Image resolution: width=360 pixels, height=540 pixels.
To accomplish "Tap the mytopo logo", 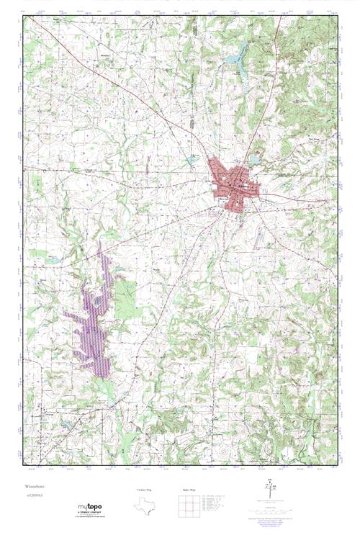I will click(x=89, y=507).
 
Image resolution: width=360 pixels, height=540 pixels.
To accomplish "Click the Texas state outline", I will click(x=145, y=505).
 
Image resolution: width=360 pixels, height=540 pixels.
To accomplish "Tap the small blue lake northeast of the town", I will click(x=255, y=159).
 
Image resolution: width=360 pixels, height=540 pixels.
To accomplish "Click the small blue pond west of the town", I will click(x=191, y=158).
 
